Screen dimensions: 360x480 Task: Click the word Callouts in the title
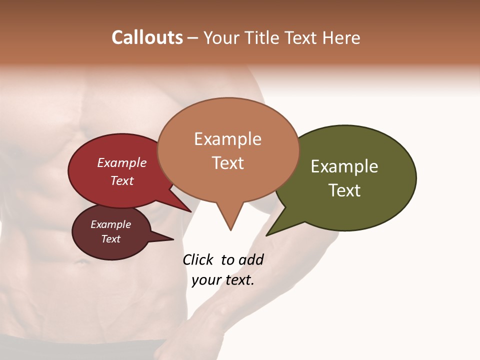pos(147,37)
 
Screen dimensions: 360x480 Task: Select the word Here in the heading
pos(341,37)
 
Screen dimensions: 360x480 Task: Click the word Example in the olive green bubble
pos(344,166)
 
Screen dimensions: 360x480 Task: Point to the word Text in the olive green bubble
pos(344,190)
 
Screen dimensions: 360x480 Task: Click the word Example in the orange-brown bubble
pos(227,139)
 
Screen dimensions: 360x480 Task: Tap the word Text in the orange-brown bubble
pos(227,163)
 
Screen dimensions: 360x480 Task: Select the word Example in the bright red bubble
pos(122,163)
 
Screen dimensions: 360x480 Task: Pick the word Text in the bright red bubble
pos(122,180)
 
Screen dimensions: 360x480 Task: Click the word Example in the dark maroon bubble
pos(110,224)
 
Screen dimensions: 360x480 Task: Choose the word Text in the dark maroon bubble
pos(110,239)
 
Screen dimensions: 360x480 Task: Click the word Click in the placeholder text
pos(198,260)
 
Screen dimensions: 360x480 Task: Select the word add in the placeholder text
pos(251,260)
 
